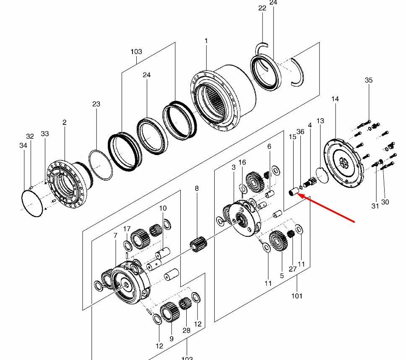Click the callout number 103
coord(136,52)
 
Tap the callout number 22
coord(263,8)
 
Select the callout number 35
coord(369,80)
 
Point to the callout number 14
coord(335,99)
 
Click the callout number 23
coord(96,104)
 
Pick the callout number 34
coord(23,145)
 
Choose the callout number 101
coord(297,296)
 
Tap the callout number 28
coord(186,330)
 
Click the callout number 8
coord(197,189)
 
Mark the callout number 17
coord(127,229)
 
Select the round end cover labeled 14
coord(344,161)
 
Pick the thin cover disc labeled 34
coord(32,203)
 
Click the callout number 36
coord(300,132)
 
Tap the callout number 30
coord(385,202)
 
